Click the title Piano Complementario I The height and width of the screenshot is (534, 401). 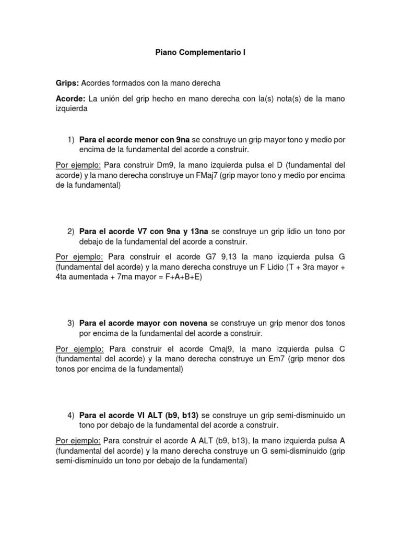200,53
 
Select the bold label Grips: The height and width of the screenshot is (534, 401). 67,83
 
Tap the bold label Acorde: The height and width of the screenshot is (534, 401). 70,98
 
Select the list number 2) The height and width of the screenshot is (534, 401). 72,231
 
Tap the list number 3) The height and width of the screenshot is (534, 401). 72,323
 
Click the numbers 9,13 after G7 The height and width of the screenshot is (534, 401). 229,257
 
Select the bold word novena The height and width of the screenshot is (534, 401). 193,323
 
